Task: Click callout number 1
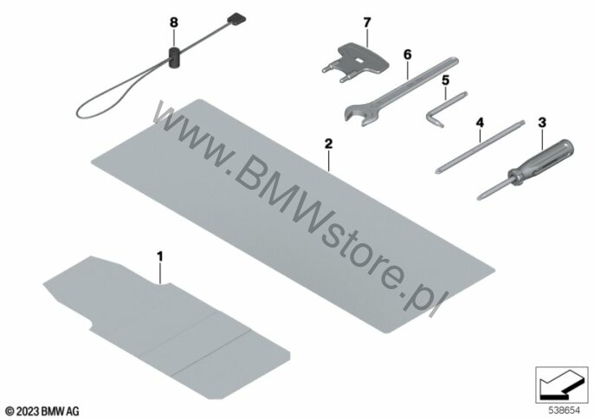(x=159, y=255)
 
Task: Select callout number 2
(x=327, y=140)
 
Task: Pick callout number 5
(x=445, y=81)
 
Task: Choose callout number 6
(x=405, y=54)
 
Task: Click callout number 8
(x=172, y=20)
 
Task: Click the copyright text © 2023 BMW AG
(x=42, y=409)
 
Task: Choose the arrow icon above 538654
(x=558, y=377)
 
